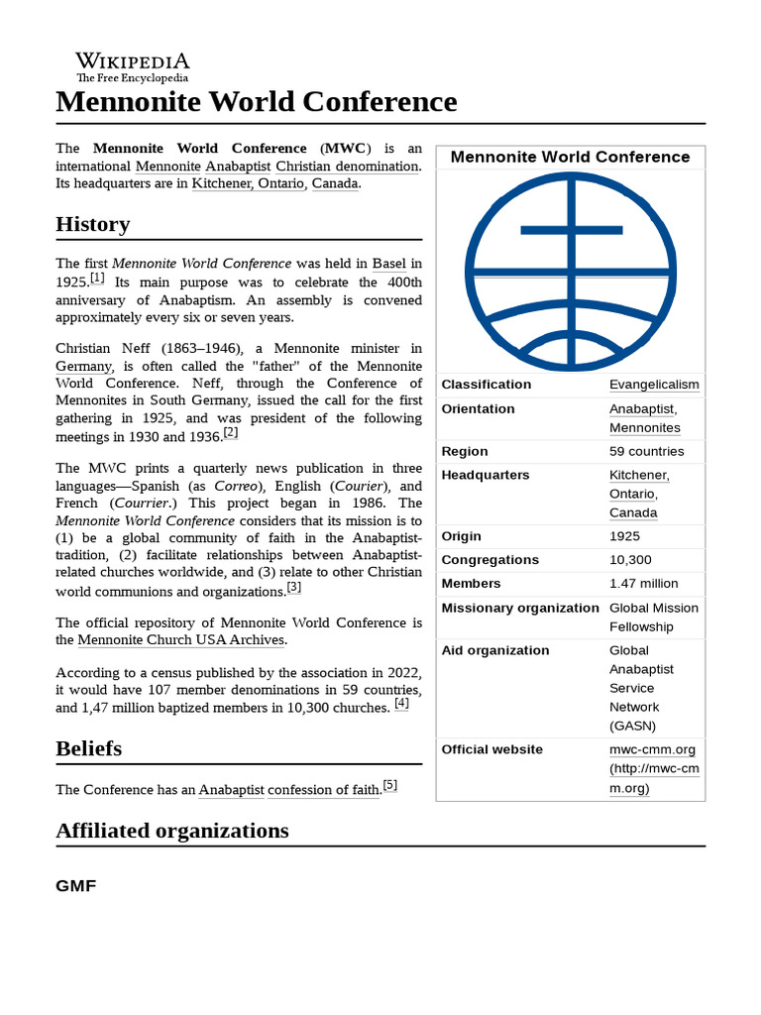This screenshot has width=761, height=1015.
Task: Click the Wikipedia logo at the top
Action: (132, 66)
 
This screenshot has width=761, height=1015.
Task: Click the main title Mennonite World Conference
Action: (257, 101)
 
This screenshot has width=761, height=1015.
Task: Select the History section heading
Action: (92, 224)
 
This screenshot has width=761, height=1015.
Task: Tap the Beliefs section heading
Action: (88, 748)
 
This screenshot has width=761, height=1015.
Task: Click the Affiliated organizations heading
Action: (172, 831)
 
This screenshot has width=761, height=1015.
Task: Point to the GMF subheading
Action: (75, 885)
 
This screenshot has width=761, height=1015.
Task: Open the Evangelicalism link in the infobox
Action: (653, 385)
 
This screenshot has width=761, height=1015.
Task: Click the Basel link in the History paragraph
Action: (388, 264)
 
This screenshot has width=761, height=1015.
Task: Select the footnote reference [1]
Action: (97, 279)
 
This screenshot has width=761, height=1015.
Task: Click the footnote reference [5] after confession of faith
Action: (389, 786)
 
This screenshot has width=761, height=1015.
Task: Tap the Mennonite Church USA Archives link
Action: (181, 640)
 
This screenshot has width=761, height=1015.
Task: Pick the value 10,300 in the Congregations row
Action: (629, 560)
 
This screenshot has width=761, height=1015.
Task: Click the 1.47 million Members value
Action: (643, 584)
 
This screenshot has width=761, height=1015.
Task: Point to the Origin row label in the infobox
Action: (461, 536)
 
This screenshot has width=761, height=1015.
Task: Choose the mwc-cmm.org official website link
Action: (652, 749)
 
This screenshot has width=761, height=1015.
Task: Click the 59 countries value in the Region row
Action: (646, 452)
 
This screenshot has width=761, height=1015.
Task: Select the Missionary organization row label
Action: (519, 608)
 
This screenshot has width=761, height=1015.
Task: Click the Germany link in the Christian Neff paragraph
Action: (83, 366)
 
